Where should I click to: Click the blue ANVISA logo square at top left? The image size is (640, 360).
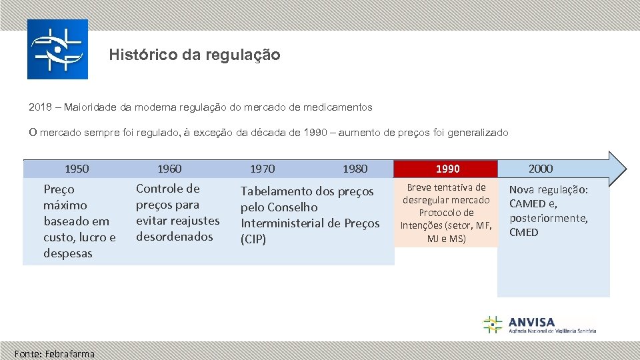click(x=57, y=49)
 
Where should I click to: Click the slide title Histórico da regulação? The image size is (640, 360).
click(x=195, y=55)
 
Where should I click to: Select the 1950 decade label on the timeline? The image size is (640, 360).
click(x=77, y=169)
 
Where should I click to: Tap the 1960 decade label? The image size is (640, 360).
click(x=169, y=169)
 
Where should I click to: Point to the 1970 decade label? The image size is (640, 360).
click(x=262, y=169)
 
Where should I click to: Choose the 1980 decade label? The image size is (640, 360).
click(x=355, y=169)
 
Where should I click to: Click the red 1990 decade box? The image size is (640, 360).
click(x=447, y=169)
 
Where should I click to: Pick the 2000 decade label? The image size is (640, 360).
click(x=541, y=169)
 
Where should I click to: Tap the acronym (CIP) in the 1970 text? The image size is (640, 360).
click(x=253, y=239)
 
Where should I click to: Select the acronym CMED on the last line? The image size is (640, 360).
click(x=524, y=232)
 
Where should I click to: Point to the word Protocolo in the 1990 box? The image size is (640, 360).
click(x=447, y=213)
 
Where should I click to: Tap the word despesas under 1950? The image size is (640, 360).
click(x=68, y=253)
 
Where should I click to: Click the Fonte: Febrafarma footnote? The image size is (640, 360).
click(x=55, y=353)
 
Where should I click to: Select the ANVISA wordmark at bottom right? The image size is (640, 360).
click(x=532, y=322)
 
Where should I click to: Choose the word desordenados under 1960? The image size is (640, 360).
click(x=175, y=237)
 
